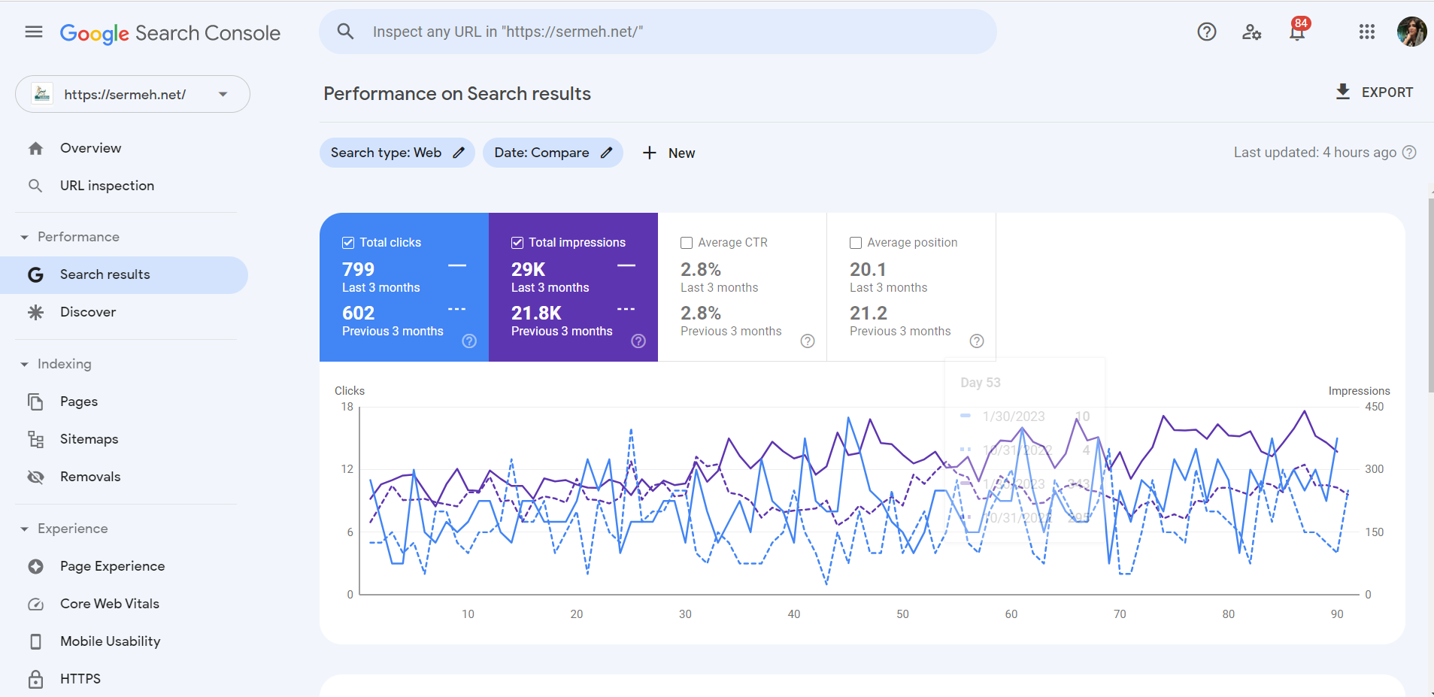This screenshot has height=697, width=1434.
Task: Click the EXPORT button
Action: [x=1375, y=92]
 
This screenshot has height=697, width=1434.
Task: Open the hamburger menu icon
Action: [x=34, y=32]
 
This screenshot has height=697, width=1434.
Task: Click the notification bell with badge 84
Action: [x=1297, y=32]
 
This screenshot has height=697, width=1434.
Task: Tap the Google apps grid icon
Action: [x=1366, y=32]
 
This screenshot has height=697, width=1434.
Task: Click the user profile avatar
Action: [x=1411, y=32]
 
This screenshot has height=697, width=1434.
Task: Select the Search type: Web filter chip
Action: [x=397, y=153]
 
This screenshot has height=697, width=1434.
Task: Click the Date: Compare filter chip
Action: [x=553, y=153]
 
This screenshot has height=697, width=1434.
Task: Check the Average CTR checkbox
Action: [x=687, y=243]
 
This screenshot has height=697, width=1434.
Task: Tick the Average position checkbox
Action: [x=856, y=243]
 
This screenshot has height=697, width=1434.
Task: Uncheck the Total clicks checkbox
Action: [x=348, y=243]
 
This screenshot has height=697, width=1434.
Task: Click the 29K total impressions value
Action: [x=528, y=269]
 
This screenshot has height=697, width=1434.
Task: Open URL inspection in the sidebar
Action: [x=107, y=186]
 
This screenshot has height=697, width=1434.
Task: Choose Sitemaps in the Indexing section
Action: [x=89, y=439]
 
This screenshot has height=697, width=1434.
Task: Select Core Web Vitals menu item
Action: [x=110, y=604]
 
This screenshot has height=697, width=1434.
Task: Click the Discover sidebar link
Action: [x=88, y=312]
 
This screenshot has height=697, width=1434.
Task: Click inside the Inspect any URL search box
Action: [x=657, y=32]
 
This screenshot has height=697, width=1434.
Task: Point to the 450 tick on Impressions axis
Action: [x=1374, y=407]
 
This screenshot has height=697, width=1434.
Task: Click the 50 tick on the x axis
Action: [x=902, y=614]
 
